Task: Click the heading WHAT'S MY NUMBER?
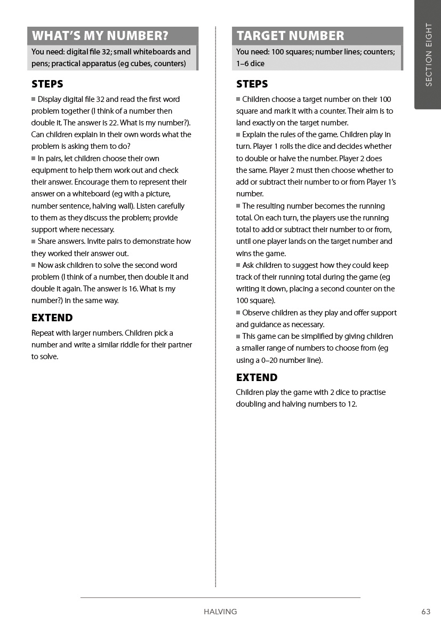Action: click(100, 36)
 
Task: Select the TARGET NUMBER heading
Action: click(290, 36)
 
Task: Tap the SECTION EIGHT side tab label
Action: click(429, 54)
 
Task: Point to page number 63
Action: click(426, 612)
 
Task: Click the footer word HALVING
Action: click(220, 612)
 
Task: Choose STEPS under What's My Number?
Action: click(47, 84)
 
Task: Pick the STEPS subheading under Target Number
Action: click(252, 84)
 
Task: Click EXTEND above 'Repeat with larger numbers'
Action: click(52, 318)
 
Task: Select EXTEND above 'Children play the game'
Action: click(257, 377)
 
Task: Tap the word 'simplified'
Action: click(308, 336)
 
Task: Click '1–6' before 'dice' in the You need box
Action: click(243, 64)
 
